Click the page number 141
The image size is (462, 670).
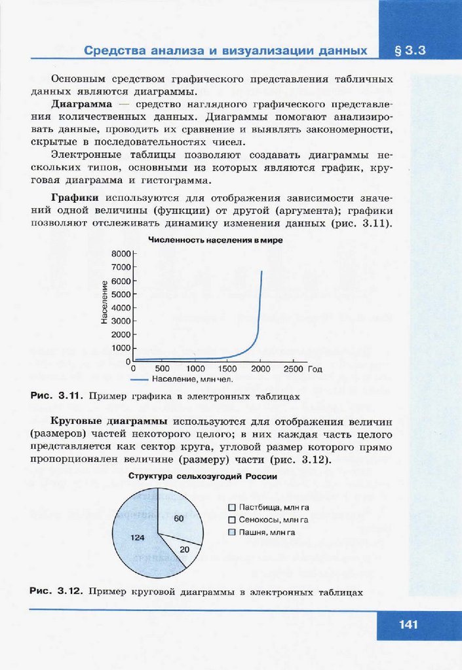point(408,624)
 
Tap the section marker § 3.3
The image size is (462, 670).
point(411,50)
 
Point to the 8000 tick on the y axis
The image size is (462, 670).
point(122,253)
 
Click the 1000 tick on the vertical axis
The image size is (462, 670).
point(122,349)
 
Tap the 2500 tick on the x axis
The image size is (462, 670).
point(293,369)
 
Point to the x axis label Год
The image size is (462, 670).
point(316,369)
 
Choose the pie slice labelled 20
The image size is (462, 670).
point(183,549)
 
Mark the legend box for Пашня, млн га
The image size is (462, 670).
point(231,532)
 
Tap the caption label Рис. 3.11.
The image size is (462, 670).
point(54,396)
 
